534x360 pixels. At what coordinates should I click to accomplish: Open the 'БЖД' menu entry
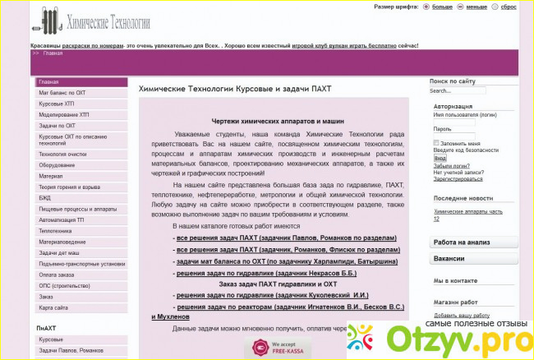(x=46, y=198)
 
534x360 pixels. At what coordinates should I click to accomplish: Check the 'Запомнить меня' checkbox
(x=437, y=144)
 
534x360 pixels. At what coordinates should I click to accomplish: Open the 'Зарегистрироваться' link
(x=459, y=178)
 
